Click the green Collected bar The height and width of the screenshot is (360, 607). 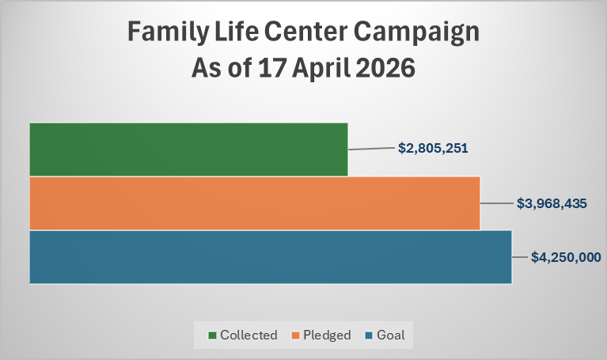188,150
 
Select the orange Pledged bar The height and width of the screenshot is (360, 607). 255,203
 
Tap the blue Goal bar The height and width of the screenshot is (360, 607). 271,257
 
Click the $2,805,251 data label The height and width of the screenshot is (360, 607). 433,148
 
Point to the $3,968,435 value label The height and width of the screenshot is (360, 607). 552,203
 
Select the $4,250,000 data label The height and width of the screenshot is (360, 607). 566,257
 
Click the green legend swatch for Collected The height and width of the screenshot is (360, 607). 212,335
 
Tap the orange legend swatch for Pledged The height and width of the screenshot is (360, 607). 296,335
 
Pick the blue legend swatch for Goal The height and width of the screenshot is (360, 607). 370,335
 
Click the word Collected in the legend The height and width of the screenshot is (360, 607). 248,335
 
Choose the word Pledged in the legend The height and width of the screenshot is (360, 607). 327,335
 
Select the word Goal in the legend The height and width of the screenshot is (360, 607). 391,335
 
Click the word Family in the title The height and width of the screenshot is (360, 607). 168,32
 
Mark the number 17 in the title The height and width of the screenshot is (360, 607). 271,68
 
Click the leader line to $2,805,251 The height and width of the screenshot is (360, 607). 371,148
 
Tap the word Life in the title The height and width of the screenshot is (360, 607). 236,32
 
